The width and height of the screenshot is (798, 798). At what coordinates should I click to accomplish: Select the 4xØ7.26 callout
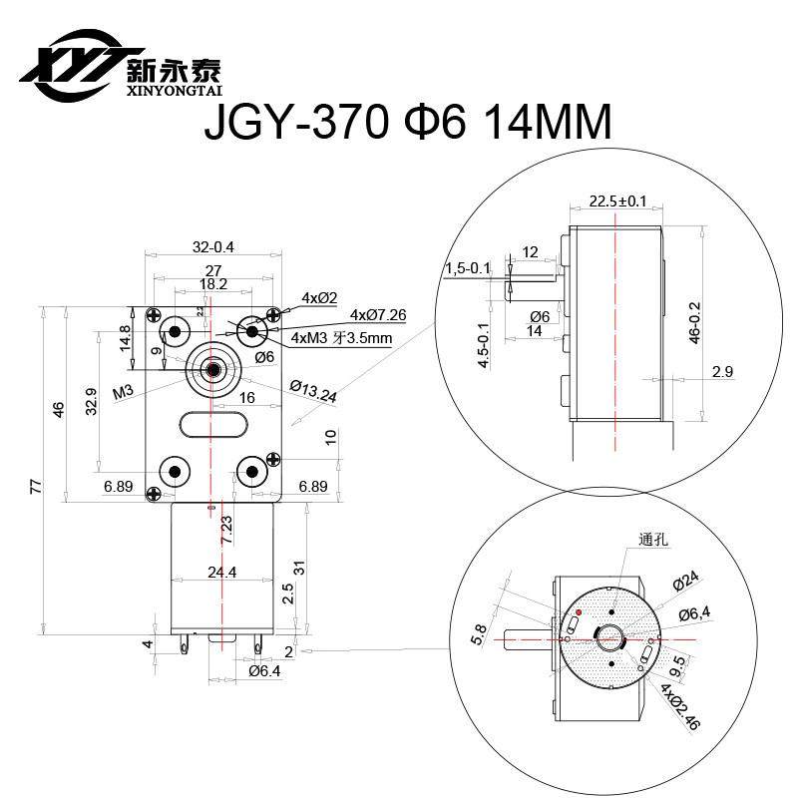378,315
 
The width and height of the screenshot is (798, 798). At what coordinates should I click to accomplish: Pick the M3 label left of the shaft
124,392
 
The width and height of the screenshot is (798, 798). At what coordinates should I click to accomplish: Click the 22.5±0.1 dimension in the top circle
617,200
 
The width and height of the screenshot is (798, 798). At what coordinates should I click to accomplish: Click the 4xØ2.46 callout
681,709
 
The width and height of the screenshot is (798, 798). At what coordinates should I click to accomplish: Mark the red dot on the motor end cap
579,610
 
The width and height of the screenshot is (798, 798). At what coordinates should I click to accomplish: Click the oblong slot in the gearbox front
212,425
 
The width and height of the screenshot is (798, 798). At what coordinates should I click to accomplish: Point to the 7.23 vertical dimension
227,530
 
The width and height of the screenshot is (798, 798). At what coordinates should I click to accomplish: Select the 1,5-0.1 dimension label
466,268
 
